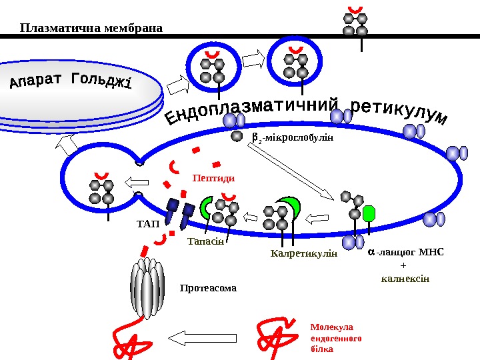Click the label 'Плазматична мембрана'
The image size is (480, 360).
click(x=91, y=28)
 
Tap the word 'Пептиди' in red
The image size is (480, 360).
click(x=214, y=178)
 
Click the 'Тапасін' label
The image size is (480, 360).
click(x=205, y=241)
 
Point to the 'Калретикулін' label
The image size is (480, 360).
click(x=304, y=254)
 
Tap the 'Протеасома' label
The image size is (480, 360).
click(x=209, y=289)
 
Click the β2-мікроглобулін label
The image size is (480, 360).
click(x=291, y=139)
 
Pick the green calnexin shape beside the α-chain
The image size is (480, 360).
click(x=369, y=213)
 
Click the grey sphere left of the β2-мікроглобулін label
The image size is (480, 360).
click(x=237, y=137)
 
